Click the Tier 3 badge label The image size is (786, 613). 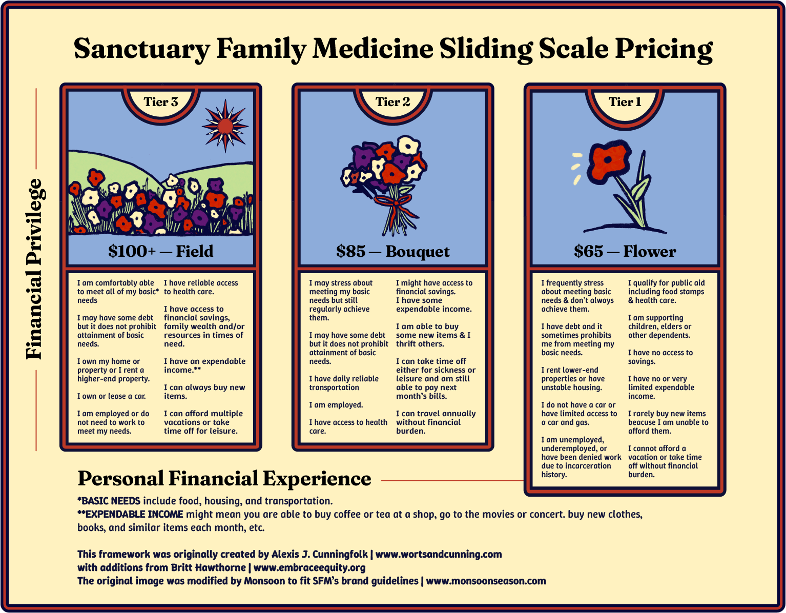click(x=161, y=102)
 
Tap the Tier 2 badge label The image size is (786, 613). click(x=393, y=102)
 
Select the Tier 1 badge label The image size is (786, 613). click(x=625, y=102)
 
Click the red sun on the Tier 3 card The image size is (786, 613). click(x=225, y=126)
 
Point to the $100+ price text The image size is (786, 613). click(x=132, y=251)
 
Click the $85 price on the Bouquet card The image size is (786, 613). click(x=351, y=251)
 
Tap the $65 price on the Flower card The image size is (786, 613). click(x=588, y=251)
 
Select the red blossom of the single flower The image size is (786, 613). click(x=610, y=159)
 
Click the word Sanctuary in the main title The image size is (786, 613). click(x=141, y=49)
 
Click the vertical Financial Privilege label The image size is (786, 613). click(x=35, y=269)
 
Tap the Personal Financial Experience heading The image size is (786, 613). click(x=224, y=479)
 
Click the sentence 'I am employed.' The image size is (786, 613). click(x=336, y=405)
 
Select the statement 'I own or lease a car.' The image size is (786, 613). click(x=112, y=396)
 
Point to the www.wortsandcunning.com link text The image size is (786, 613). click(x=439, y=554)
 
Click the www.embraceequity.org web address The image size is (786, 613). click(x=309, y=567)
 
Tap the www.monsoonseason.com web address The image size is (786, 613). click(x=486, y=581)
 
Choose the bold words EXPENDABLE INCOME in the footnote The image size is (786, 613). click(x=134, y=514)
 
